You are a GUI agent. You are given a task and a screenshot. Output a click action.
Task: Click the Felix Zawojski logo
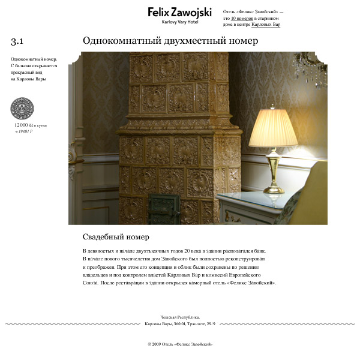coord(179,12)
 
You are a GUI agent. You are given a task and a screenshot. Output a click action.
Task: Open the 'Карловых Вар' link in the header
coord(266,25)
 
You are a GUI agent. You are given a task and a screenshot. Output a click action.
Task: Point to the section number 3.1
coord(17,41)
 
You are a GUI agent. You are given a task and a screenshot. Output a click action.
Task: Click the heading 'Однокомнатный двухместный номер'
coord(170,41)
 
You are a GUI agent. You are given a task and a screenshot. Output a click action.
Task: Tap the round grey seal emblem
coord(22,109)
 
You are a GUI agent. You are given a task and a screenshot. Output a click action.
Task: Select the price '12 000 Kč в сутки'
coord(30,125)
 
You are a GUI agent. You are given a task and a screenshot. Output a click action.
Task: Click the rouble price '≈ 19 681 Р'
coord(23,130)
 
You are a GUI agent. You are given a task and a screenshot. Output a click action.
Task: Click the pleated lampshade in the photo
coord(274,128)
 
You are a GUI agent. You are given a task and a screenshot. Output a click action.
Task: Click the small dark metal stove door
coord(163,210)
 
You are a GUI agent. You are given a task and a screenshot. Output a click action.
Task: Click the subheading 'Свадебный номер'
coord(116,237)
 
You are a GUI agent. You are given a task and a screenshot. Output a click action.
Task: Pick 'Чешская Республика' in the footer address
coord(179,317)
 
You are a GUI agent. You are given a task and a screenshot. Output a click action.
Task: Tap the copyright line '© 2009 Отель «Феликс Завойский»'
coord(179,344)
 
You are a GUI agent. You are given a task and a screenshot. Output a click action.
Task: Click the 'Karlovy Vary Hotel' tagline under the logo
coord(179,22)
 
